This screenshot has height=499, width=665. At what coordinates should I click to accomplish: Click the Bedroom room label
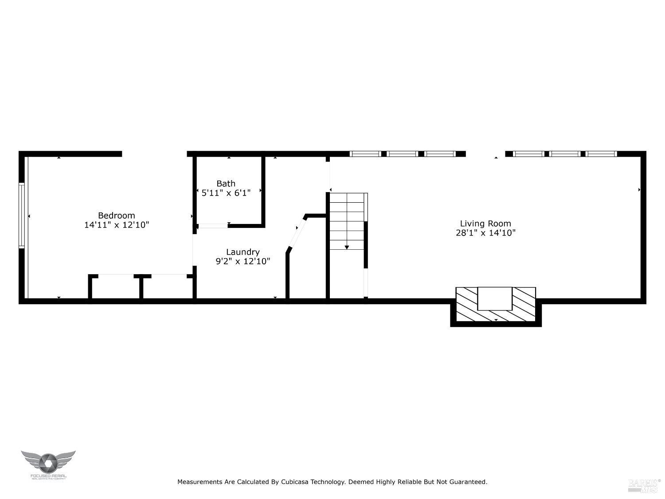point(116,216)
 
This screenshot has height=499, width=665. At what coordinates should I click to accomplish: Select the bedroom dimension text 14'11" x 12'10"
point(117,225)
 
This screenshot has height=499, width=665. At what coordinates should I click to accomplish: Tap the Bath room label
point(226,183)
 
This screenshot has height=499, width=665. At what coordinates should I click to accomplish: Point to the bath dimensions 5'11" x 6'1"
point(226,193)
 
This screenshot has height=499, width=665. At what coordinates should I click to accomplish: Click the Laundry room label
point(243,252)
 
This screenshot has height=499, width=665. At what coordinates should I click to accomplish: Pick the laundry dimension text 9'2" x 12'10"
point(243,261)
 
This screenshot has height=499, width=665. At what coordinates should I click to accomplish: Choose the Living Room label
point(485,224)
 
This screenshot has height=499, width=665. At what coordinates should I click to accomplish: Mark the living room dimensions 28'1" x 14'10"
point(485,233)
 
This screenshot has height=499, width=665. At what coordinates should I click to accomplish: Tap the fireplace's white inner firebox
point(495,299)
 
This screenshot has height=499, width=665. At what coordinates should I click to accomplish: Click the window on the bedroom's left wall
point(21,216)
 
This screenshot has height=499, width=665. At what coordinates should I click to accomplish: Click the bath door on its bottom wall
point(213,226)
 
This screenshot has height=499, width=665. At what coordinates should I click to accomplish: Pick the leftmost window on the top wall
point(365,154)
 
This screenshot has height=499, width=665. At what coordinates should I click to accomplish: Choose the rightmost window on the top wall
point(601,154)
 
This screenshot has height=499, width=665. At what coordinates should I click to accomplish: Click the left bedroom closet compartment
point(115,287)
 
